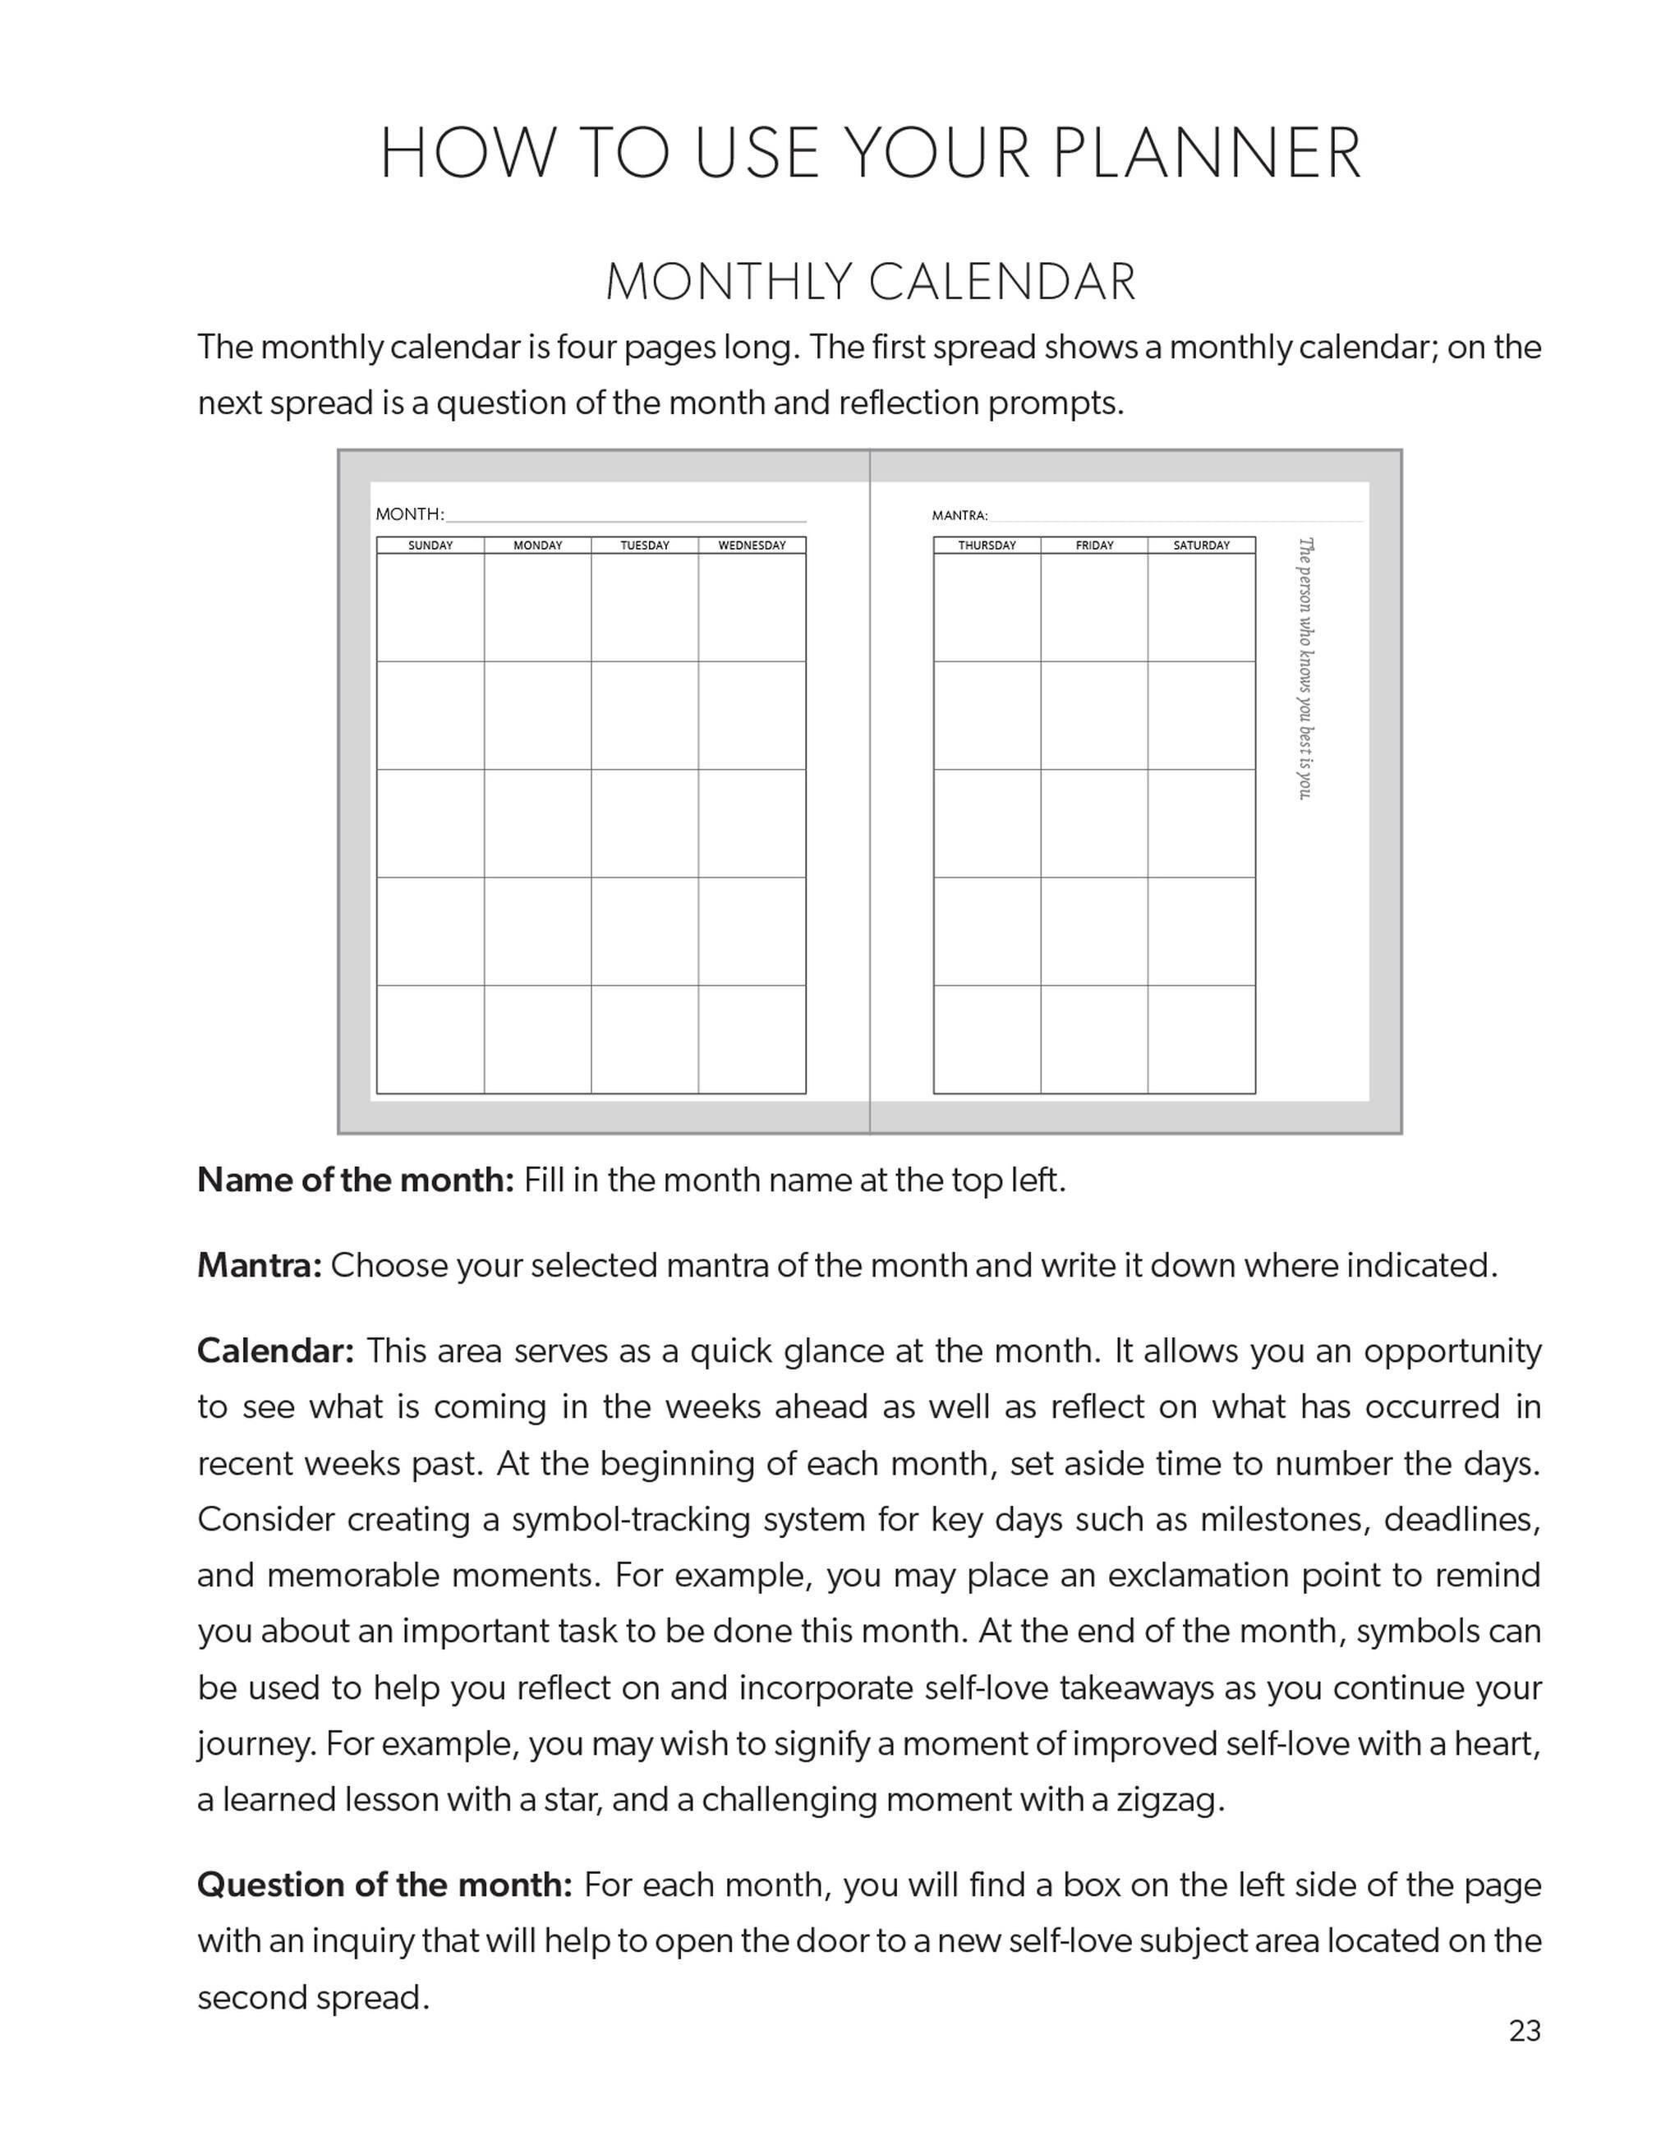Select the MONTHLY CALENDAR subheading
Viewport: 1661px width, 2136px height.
(870, 283)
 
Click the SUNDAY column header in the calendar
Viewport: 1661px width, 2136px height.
(430, 546)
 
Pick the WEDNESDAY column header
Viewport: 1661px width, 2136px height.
(752, 546)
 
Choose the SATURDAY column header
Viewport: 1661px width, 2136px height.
(1201, 546)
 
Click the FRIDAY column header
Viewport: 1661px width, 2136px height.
(1093, 546)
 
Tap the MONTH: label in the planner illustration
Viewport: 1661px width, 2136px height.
(410, 514)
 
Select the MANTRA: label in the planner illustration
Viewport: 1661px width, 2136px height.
(959, 515)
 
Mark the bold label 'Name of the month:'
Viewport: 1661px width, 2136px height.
(355, 1181)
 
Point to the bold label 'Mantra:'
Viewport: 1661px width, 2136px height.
(260, 1265)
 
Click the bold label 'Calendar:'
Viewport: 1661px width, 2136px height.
(275, 1351)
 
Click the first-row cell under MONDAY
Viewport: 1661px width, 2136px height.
(537, 608)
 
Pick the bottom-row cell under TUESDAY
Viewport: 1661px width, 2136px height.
(645, 1038)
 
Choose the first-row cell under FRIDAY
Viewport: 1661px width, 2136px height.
(1093, 608)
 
